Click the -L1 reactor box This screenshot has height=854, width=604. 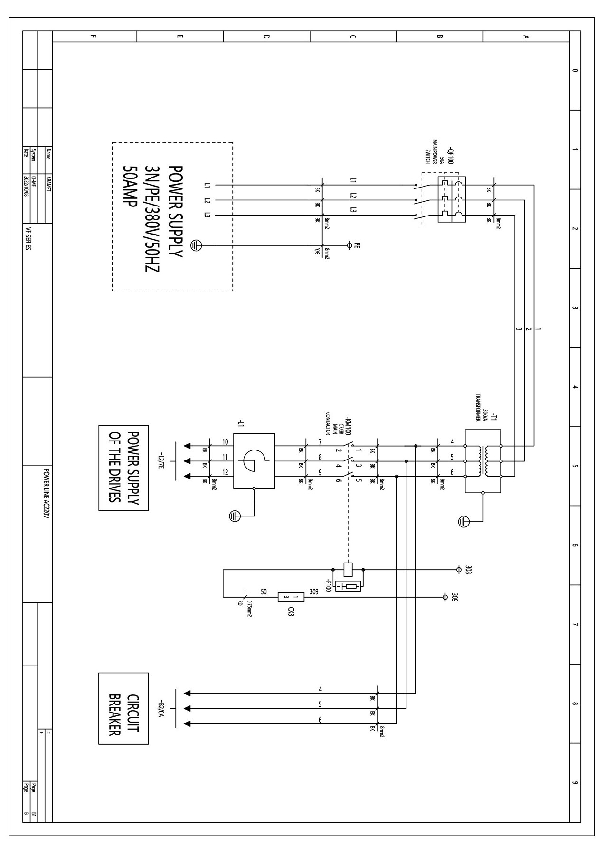(x=254, y=461)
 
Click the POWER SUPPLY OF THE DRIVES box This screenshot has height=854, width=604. (x=123, y=468)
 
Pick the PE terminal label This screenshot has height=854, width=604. (x=358, y=245)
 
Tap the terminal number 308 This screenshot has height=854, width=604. (x=468, y=569)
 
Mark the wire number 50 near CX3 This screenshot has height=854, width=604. (x=264, y=591)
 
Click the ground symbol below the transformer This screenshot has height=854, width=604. (x=463, y=521)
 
